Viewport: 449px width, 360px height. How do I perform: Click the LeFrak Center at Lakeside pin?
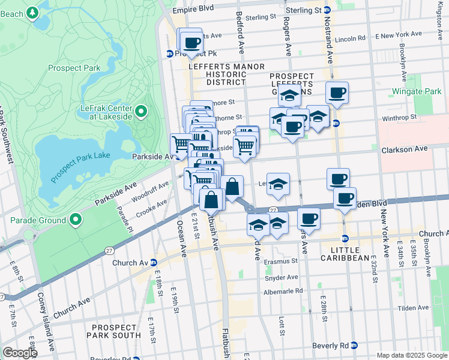[x=140, y=110]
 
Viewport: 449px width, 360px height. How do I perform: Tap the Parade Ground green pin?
[x=76, y=220]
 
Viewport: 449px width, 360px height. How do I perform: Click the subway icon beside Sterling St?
[x=327, y=10]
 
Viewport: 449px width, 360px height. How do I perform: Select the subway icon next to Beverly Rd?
[x=354, y=346]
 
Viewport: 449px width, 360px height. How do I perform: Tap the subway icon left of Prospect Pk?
[x=170, y=53]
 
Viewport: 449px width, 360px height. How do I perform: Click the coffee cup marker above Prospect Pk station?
[x=192, y=43]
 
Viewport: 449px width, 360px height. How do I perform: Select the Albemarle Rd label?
[x=283, y=292]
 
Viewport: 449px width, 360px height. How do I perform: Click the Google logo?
[x=20, y=353]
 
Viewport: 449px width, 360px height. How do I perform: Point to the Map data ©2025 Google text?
[x=411, y=355]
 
